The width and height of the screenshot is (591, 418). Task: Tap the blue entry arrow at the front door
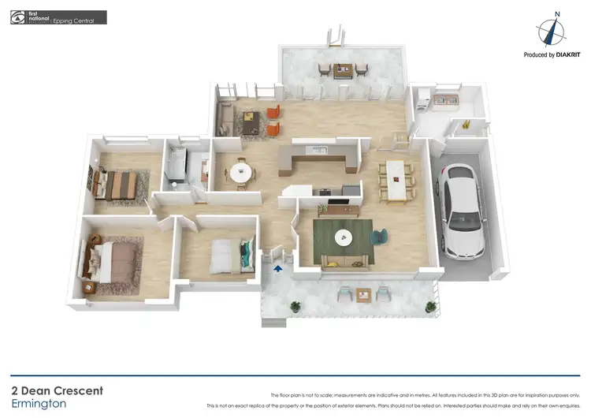pyautogui.click(x=277, y=270)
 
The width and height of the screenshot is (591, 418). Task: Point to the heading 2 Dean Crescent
pyautogui.click(x=57, y=390)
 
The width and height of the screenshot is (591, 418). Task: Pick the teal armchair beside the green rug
pyautogui.click(x=380, y=236)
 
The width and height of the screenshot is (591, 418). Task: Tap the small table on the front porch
pyautogui.click(x=363, y=296)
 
